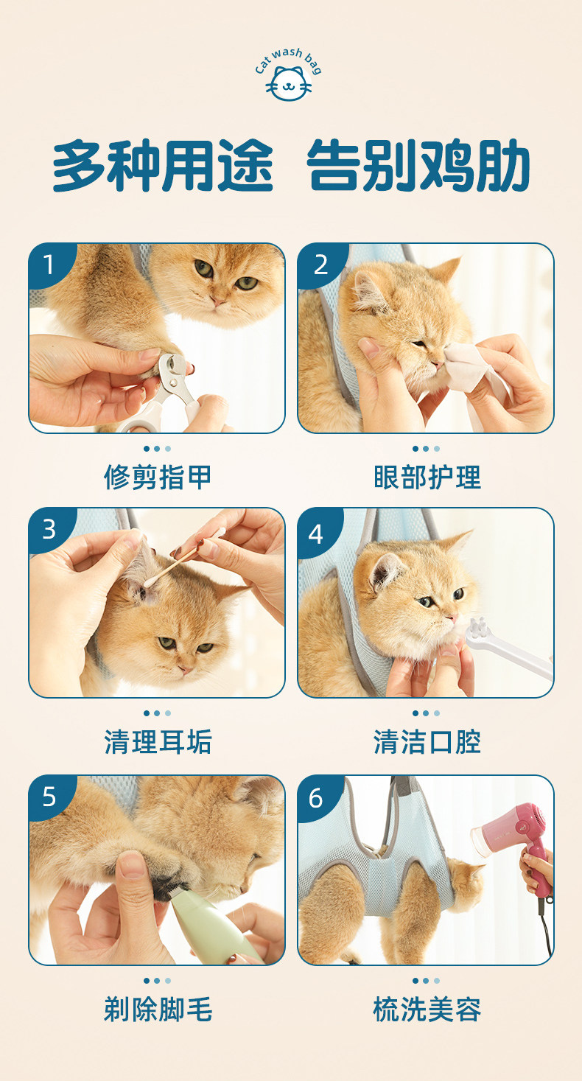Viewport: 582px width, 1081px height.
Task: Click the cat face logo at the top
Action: coord(289,83)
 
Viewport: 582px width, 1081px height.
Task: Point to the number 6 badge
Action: coord(318,798)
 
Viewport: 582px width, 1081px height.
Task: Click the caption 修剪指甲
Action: coord(158,477)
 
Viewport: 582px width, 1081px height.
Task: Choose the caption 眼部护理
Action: coord(427,477)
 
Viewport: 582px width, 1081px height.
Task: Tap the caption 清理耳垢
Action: coord(158,742)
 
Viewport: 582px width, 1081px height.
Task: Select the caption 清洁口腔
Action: coord(427,742)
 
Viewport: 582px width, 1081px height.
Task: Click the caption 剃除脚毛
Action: coord(158,1009)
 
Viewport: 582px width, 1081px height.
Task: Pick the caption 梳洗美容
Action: coord(427,1009)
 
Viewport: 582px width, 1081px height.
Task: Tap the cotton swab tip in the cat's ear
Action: coord(148,584)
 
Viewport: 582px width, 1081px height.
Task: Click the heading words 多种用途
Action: coord(163,167)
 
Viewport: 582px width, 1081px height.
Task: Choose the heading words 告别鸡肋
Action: coord(418,167)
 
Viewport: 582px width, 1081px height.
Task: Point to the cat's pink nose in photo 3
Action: coord(185,669)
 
